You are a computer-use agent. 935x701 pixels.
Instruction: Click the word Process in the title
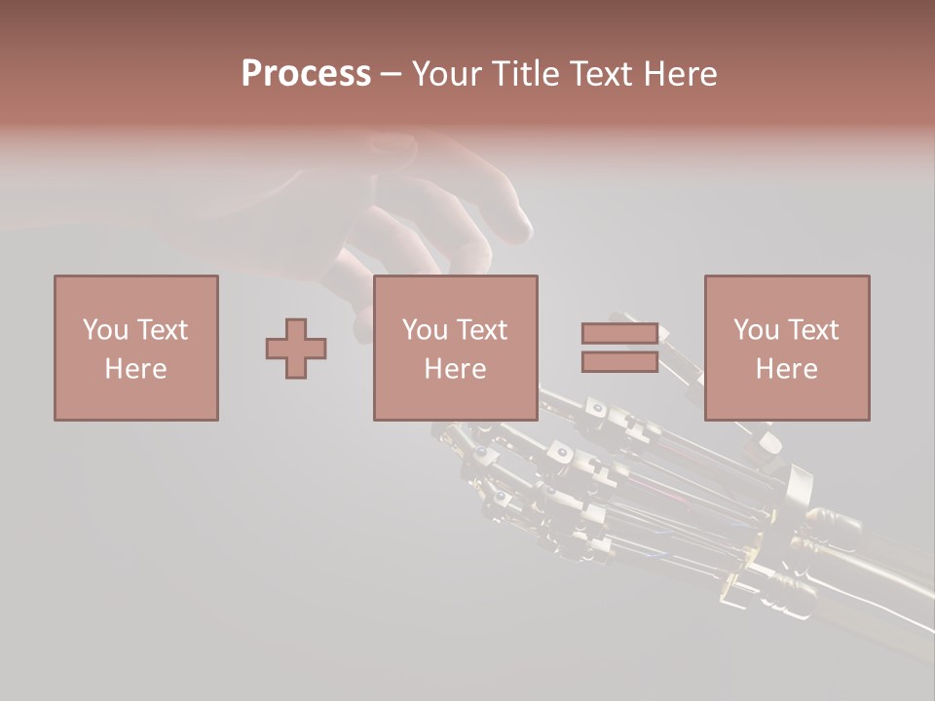pyautogui.click(x=306, y=74)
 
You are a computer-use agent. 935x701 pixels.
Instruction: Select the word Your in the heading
pyautogui.click(x=446, y=74)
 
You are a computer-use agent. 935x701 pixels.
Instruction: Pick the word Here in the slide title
pyautogui.click(x=684, y=74)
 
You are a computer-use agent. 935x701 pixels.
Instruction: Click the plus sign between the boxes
pyautogui.click(x=296, y=349)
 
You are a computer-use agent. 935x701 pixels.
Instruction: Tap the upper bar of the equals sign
pyautogui.click(x=619, y=334)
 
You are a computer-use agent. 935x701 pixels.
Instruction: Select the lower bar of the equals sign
pyautogui.click(x=619, y=362)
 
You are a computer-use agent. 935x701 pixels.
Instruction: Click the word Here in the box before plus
pyautogui.click(x=136, y=369)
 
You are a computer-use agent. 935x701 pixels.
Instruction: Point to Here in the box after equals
pyautogui.click(x=787, y=369)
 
